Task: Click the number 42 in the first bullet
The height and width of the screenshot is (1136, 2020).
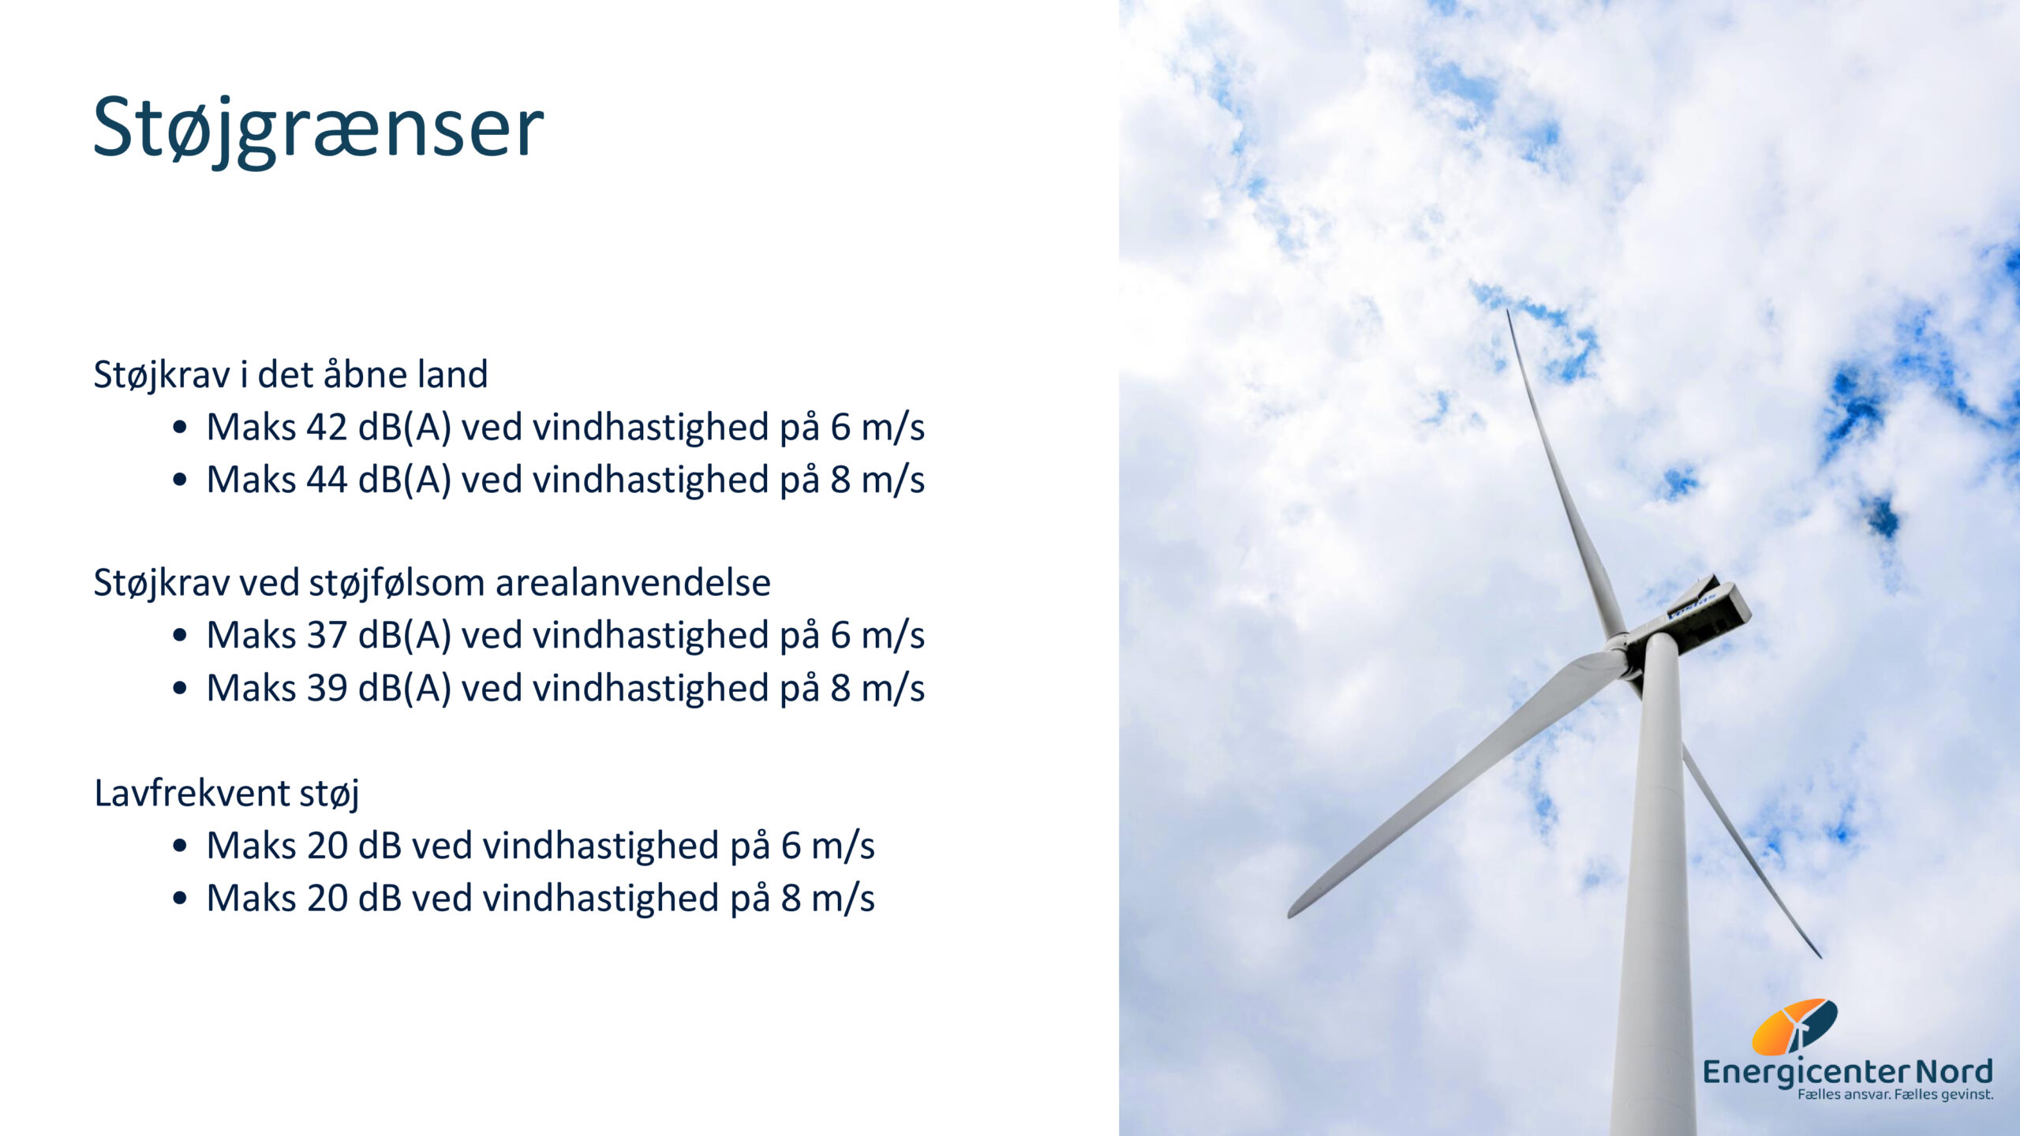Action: click(327, 428)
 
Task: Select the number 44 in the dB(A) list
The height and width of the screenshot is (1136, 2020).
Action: click(327, 480)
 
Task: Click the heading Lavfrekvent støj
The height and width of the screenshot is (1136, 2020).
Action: click(226, 794)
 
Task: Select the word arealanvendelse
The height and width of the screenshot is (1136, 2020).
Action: click(633, 583)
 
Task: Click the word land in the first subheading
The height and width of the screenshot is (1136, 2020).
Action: click(453, 374)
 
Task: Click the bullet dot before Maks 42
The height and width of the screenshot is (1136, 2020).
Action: click(180, 428)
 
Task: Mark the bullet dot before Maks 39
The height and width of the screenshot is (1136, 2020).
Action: click(180, 689)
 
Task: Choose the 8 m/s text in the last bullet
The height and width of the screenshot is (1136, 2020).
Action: click(828, 899)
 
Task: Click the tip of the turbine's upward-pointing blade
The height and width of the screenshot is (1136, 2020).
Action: click(1509, 312)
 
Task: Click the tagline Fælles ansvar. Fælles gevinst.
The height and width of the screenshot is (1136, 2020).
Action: click(1895, 1095)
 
